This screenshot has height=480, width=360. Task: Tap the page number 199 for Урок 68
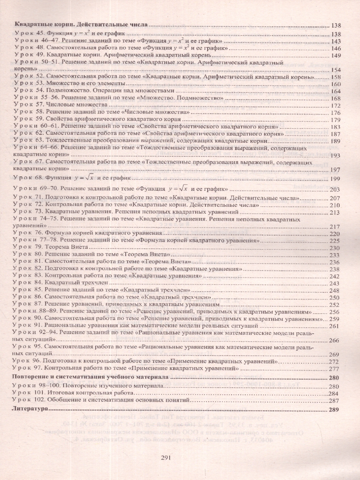[x=335, y=178]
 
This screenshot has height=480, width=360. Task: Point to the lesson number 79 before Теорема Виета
[x=39, y=248]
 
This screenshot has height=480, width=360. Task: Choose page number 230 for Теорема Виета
[x=334, y=248]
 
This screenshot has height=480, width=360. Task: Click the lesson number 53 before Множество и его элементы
[x=39, y=84]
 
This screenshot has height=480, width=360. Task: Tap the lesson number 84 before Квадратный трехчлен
[x=39, y=283]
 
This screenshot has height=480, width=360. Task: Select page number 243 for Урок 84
[x=334, y=284]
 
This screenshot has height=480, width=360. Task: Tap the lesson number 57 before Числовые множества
[x=39, y=105]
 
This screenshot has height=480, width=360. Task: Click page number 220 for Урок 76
[x=334, y=234]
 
